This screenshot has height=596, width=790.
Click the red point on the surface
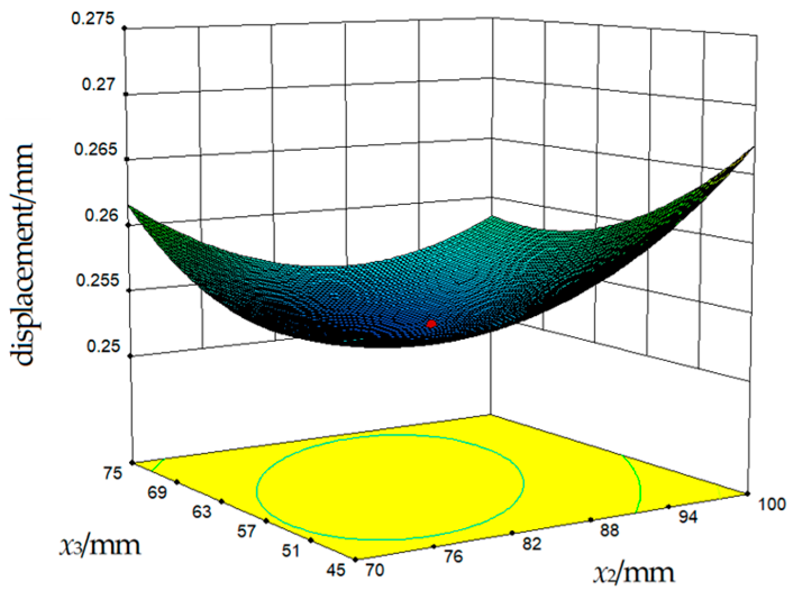[431, 324]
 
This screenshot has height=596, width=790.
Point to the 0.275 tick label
[93, 19]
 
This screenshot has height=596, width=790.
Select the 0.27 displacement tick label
[98, 84]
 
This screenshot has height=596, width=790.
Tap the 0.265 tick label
[95, 149]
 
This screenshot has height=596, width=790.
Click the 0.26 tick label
[101, 215]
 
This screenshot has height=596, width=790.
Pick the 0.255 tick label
[98, 280]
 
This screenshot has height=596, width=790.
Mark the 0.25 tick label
[103, 346]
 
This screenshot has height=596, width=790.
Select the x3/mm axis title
[100, 545]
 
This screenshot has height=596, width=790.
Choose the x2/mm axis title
[634, 573]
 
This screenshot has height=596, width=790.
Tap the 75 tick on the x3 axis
[113, 473]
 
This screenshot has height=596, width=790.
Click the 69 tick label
[158, 493]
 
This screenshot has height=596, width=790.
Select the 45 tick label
[336, 570]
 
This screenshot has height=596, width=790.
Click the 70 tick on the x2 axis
[375, 570]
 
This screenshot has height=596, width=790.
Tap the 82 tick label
[531, 543]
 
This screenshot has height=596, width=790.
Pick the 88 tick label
[609, 530]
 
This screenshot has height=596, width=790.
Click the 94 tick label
[687, 517]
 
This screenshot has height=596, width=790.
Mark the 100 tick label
[772, 504]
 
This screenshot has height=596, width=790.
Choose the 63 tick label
[202, 512]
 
